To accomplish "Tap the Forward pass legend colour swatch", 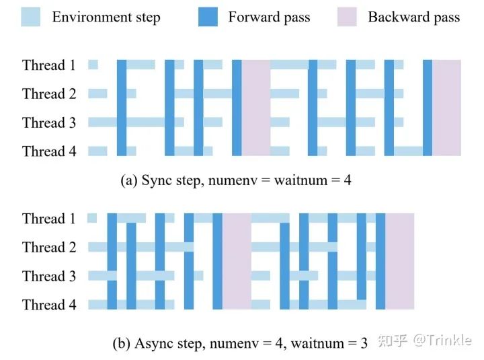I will [208, 17].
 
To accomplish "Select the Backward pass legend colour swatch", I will [347, 17].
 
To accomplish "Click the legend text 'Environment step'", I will [106, 17].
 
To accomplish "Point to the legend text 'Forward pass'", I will [269, 17].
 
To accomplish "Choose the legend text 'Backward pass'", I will [413, 17].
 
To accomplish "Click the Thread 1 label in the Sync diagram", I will [49, 65].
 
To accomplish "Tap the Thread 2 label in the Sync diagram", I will [49, 94].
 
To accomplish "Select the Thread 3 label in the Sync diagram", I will [49, 122].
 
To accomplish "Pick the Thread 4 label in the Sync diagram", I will [49, 151].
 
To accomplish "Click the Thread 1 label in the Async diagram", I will [49, 219].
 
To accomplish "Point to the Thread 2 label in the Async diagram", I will [49, 248].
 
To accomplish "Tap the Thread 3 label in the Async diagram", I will [49, 276].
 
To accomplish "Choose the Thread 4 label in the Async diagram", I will [49, 305].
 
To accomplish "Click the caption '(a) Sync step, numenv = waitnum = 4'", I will [236, 180].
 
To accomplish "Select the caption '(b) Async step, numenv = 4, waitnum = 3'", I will [240, 343].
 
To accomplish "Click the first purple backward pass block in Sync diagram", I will [255, 108].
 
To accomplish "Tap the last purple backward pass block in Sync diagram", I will [446, 108].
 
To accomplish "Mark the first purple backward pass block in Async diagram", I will [237, 261].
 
